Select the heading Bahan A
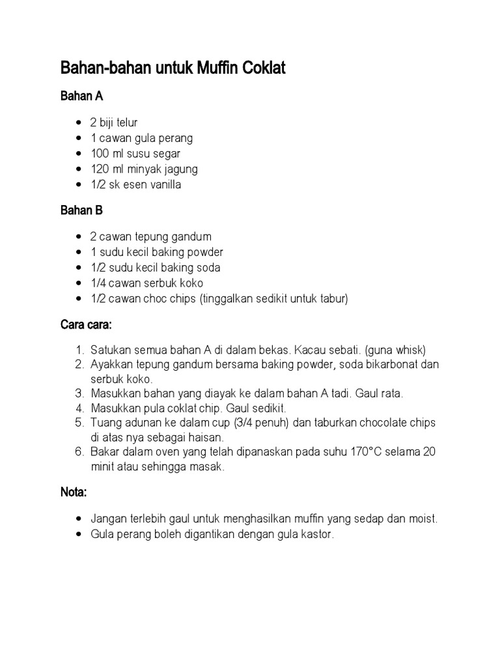81,96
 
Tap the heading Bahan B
81,211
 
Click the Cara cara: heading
86,324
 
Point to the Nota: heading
74,493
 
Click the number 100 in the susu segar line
100,154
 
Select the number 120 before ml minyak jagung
100,169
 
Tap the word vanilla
163,185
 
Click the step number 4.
80,408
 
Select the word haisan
208,438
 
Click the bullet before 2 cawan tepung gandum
79,236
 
